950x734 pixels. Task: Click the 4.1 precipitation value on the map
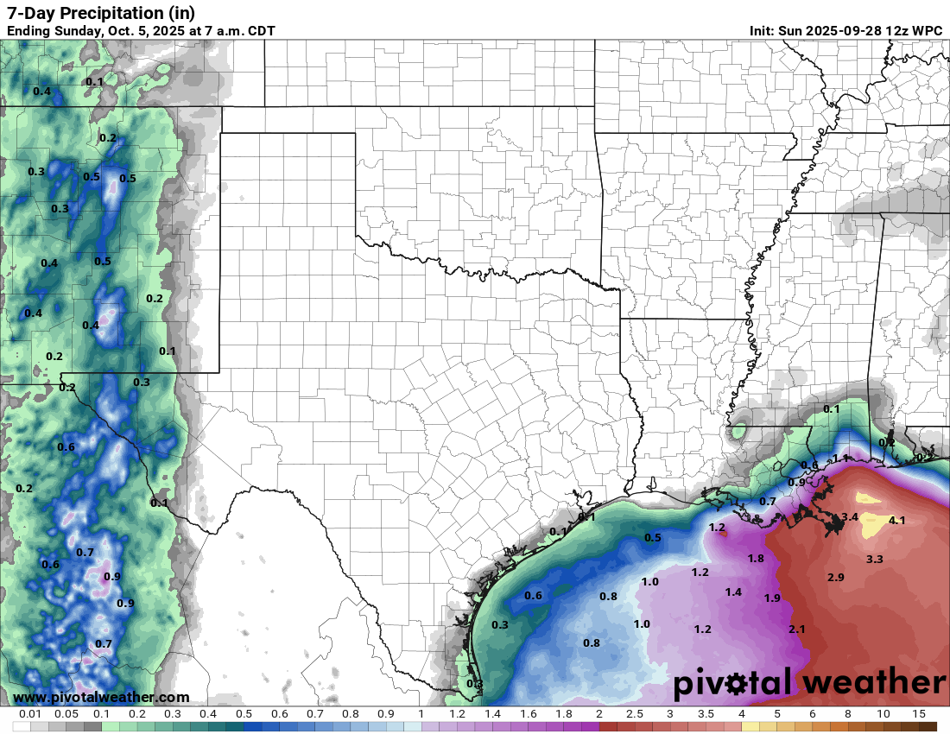(896, 521)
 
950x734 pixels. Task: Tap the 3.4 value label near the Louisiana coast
(849, 517)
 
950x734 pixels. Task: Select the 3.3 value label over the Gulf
(874, 560)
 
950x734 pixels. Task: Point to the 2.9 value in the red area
(835, 577)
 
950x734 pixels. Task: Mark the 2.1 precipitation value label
(796, 630)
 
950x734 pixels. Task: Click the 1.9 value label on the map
(772, 598)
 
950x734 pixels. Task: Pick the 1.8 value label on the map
(756, 559)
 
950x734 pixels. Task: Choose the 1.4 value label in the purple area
(733, 592)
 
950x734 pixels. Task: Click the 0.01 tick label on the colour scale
(31, 715)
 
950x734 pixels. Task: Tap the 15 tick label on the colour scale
(919, 715)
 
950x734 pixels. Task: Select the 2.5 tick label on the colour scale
(634, 715)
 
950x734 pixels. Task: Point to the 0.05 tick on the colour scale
(66, 715)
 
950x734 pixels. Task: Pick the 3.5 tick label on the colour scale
(706, 715)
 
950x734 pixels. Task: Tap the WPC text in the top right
(926, 31)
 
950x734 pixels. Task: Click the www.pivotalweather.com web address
(101, 697)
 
